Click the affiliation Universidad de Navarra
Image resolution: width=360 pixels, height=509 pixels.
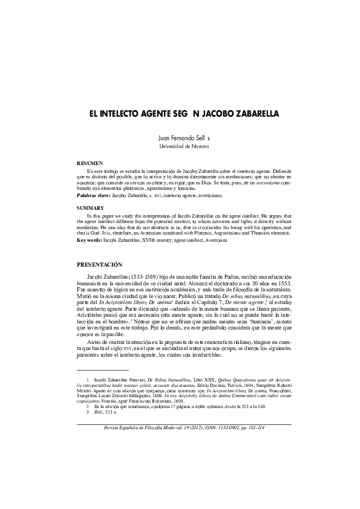(180, 147)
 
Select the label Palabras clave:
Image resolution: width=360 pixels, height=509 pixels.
(94, 196)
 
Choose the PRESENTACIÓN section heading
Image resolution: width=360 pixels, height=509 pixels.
(100, 264)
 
